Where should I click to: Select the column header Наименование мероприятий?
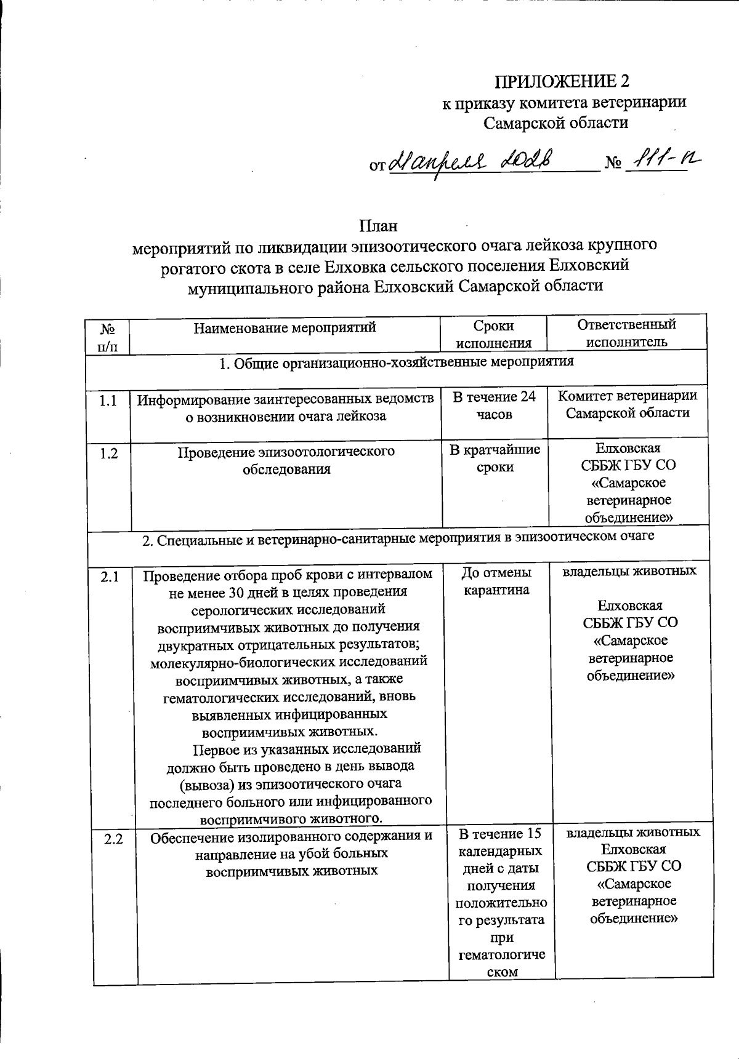pyautogui.click(x=285, y=327)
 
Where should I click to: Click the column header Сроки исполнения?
pyautogui.click(x=493, y=334)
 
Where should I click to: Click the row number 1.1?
pyautogui.click(x=108, y=401)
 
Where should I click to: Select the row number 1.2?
pyautogui.click(x=108, y=454)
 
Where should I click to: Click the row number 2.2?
pyautogui.click(x=114, y=838)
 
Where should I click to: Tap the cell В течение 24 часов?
pyautogui.click(x=494, y=406)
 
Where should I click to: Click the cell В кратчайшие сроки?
pyautogui.click(x=495, y=458)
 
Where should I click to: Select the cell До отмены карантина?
pyautogui.click(x=496, y=581)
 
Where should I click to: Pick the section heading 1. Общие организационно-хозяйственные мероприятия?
pyautogui.click(x=397, y=362)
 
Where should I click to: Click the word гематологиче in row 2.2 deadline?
pyautogui.click(x=501, y=955)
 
